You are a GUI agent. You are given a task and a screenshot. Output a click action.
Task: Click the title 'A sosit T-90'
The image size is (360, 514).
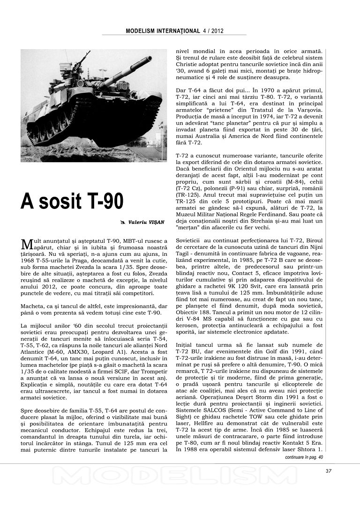coord(72,201)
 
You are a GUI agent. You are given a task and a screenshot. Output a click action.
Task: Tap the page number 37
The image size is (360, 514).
coord(328,471)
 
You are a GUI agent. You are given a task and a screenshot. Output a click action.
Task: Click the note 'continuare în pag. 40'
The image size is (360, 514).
coord(304,456)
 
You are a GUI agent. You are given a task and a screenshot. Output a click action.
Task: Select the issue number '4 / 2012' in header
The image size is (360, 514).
coord(213,31)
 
